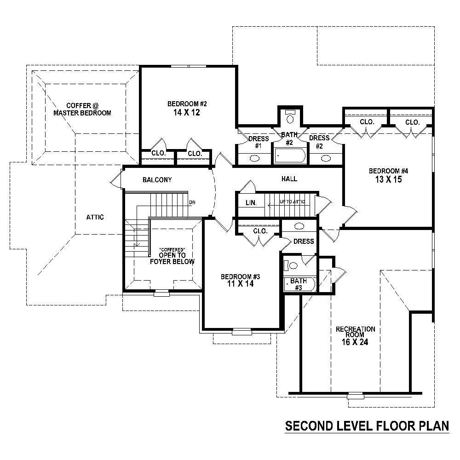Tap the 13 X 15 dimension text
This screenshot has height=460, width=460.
coord(388,179)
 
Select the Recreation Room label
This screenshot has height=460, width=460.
coord(355,332)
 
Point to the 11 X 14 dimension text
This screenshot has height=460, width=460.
coord(241,284)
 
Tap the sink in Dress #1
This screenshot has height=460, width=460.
coord(254,158)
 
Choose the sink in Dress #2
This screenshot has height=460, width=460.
coord(326,158)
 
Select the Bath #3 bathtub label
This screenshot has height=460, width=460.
coord(299,284)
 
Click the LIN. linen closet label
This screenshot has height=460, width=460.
coord(251,202)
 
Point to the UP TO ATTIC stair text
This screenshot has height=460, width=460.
coord(293,202)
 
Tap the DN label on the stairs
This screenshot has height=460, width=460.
coord(192,202)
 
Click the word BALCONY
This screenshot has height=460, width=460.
coord(157,180)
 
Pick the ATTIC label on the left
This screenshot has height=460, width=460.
coord(95,217)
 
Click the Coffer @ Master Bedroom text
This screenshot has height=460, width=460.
coord(82,109)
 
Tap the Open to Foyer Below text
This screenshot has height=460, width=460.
coord(172,258)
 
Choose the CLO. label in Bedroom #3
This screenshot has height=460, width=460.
coord(260,231)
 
